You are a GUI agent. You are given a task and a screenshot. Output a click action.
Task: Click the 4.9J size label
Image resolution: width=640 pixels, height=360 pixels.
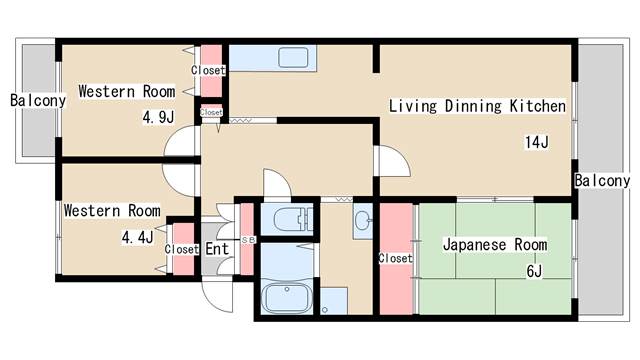pos(159,116)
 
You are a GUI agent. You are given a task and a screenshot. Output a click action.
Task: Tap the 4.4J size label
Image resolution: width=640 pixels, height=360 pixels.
pos(138,237)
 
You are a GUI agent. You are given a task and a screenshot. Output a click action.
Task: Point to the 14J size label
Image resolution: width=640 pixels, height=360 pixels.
pos(537,141)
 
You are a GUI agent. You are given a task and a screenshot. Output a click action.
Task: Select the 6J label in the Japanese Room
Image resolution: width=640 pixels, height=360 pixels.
pos(534,271)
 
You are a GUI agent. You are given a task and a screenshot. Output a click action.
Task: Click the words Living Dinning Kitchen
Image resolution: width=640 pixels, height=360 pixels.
pos(477,105)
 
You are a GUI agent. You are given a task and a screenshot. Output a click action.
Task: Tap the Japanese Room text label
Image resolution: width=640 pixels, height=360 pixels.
pos(494,244)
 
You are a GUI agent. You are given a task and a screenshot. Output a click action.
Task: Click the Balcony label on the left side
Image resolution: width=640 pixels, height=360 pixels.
pos(37,100)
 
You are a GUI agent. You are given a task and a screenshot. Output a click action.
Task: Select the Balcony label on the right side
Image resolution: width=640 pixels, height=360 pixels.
pos(602,181)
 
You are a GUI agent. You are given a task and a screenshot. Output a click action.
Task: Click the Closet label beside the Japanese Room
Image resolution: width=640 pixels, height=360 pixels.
pos(395,258)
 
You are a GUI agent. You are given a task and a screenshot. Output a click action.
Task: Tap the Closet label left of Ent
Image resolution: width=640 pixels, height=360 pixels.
pos(182,250)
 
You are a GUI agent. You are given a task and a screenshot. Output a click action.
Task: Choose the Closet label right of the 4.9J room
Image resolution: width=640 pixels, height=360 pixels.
pos(209,70)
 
